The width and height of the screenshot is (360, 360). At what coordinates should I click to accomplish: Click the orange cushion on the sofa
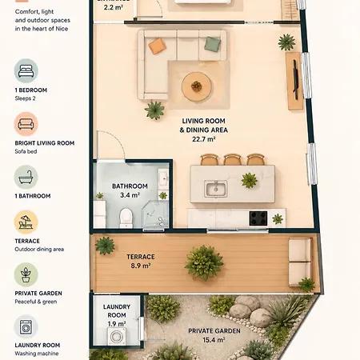pos(158,46)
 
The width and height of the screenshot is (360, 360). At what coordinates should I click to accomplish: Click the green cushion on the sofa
pos(213,44)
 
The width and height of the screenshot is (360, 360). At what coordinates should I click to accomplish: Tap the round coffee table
pos(197,86)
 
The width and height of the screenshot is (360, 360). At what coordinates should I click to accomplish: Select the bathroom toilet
pos(126,218)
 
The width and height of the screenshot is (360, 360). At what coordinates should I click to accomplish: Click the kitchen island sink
pos(216,189)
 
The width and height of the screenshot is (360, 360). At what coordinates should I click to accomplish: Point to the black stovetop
pos(258,218)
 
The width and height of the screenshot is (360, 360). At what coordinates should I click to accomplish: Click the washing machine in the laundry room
pos(117,336)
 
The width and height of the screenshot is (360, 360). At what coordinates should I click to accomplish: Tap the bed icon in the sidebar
pos(26,71)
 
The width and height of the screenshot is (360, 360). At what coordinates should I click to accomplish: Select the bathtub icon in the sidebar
pos(26,178)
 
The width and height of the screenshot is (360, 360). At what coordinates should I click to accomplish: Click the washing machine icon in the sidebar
pos(26,327)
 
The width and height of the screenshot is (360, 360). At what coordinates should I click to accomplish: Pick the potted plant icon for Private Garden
pos(26,274)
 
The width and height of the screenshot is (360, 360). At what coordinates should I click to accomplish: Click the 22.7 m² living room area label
pos(204,139)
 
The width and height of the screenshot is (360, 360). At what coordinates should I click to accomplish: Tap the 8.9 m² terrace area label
pos(141,266)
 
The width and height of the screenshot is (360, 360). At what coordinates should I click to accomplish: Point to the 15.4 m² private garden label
pos(214,340)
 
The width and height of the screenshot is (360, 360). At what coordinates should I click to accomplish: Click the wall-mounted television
pos(295,80)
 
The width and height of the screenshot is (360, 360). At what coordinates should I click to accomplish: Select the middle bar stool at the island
pos(233,159)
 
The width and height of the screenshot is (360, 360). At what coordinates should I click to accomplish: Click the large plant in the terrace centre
pos(204,262)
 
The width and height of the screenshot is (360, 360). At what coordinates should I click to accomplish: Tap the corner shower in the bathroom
pos(155,215)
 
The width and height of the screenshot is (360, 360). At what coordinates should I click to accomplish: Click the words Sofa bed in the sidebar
pos(26,151)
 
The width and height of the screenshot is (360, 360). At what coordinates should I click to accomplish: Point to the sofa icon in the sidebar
pos(26,124)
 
